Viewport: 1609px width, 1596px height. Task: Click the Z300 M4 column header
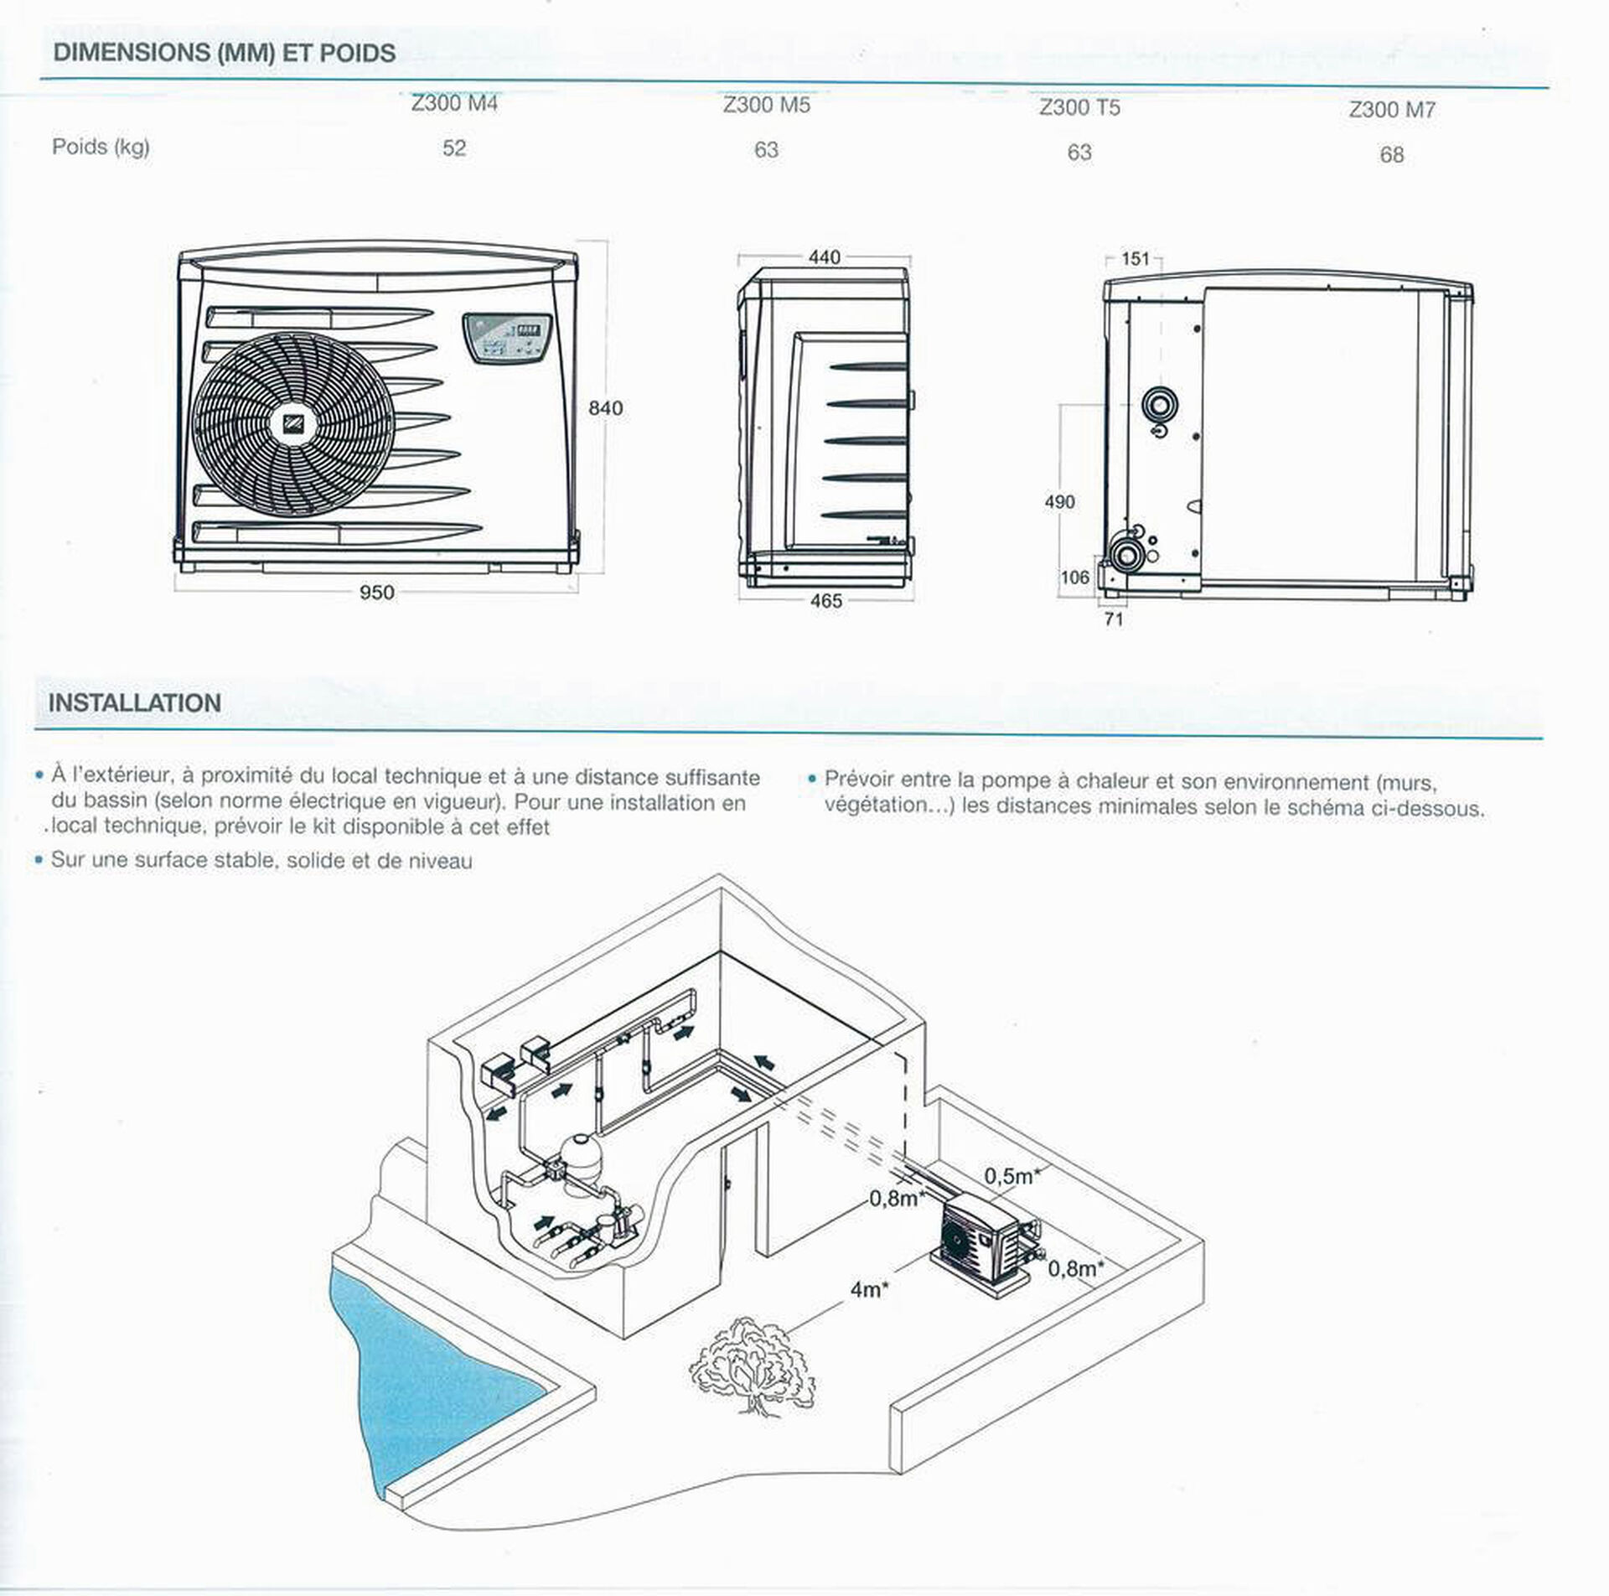pyautogui.click(x=454, y=104)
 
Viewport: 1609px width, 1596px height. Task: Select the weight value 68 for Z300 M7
pyautogui.click(x=1391, y=155)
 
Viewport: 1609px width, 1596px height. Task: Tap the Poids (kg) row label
pyautogui.click(x=101, y=147)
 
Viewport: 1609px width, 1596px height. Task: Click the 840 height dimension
pyautogui.click(x=605, y=408)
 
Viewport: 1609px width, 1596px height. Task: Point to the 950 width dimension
pyautogui.click(x=376, y=593)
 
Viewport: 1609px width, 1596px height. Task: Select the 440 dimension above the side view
pyautogui.click(x=824, y=257)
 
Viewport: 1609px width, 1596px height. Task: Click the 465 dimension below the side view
pyautogui.click(x=825, y=601)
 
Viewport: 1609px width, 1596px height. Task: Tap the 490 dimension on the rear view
pyautogui.click(x=1059, y=502)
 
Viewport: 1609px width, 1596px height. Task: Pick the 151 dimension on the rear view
pyautogui.click(x=1135, y=259)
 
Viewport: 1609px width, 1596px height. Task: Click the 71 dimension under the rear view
pyautogui.click(x=1114, y=619)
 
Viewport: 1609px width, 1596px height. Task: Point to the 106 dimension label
pyautogui.click(x=1074, y=578)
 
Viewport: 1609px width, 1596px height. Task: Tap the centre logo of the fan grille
pyautogui.click(x=292, y=424)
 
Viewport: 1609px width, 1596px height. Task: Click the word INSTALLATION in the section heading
pyautogui.click(x=135, y=702)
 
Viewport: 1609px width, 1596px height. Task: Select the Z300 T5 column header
pyautogui.click(x=1079, y=107)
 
